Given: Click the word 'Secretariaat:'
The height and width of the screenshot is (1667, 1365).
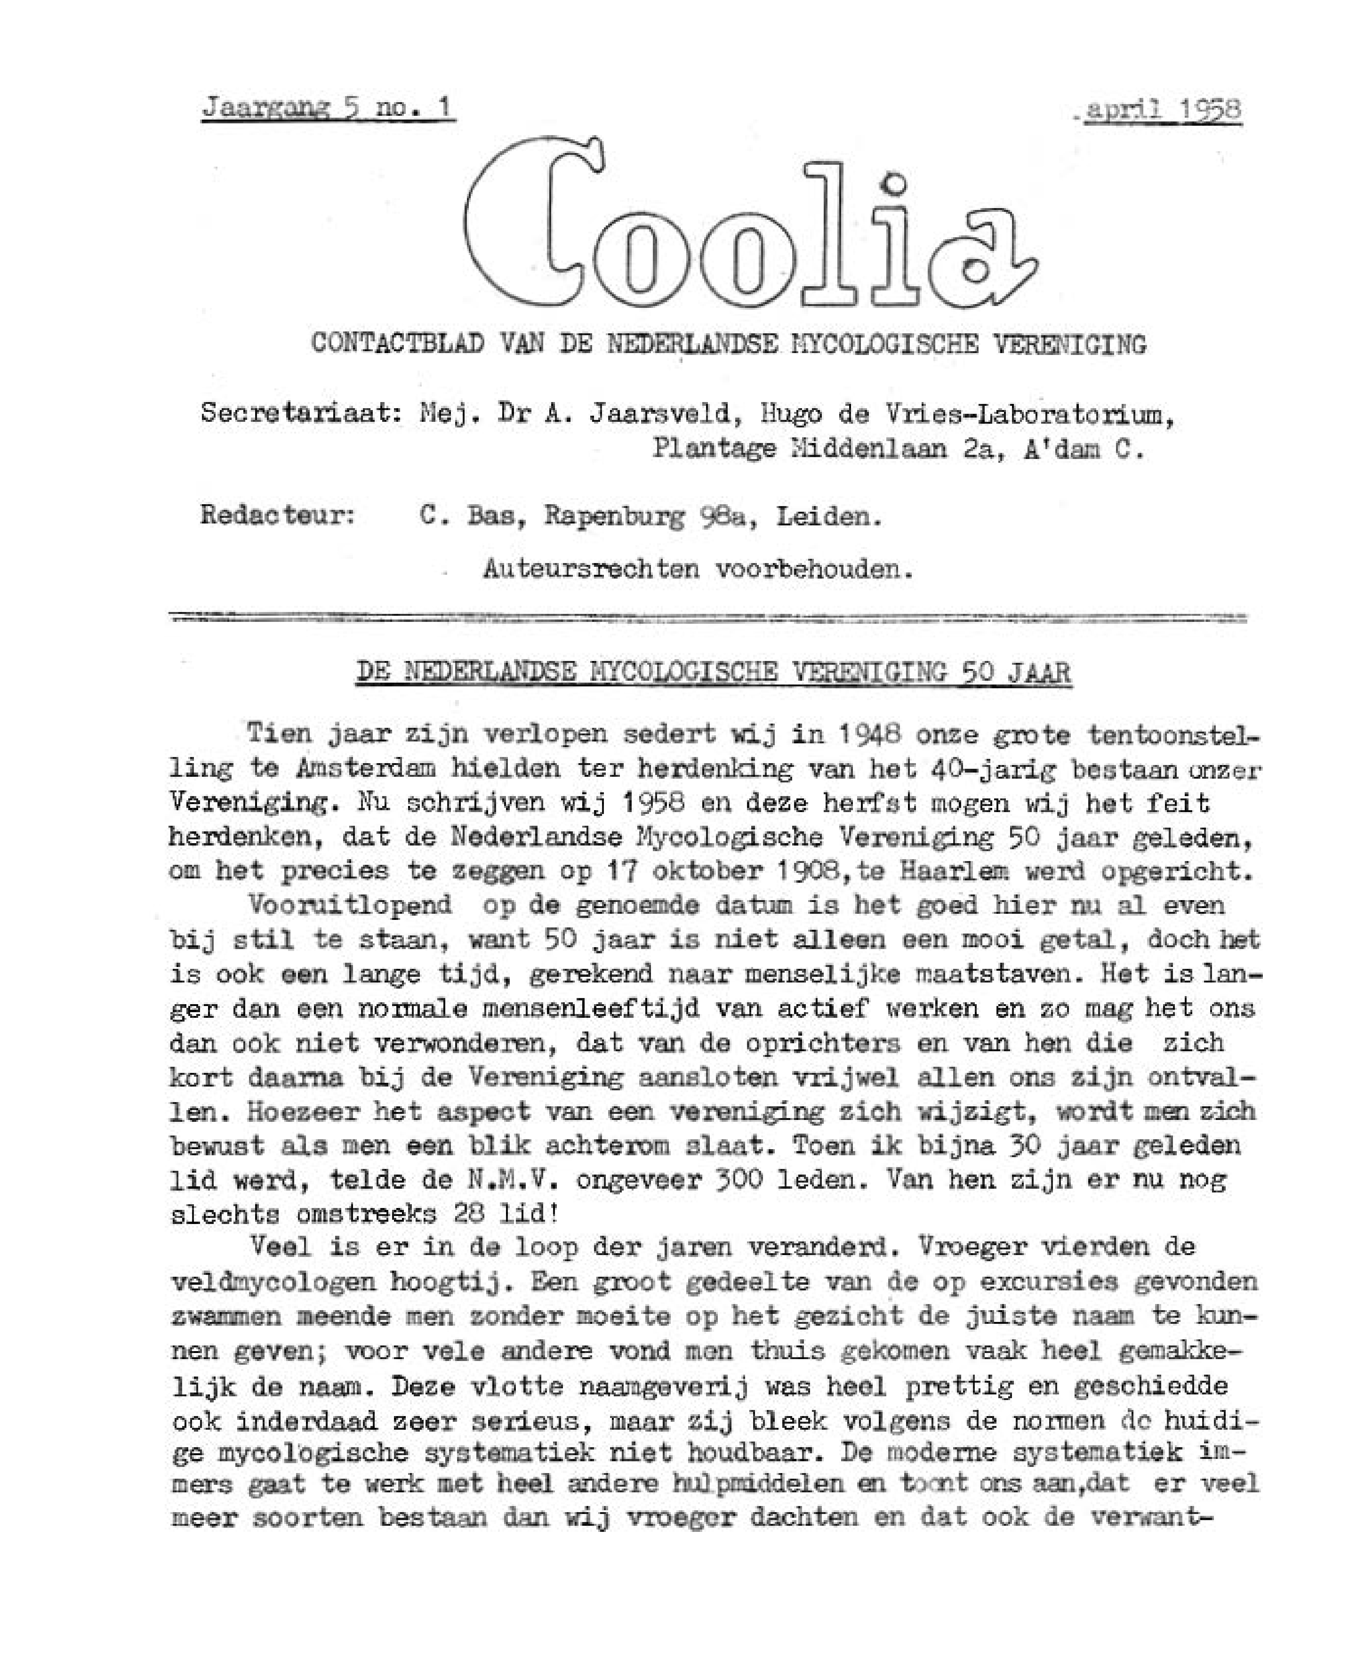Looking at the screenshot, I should (300, 414).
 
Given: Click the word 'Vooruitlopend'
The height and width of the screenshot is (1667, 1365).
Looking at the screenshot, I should (350, 905).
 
